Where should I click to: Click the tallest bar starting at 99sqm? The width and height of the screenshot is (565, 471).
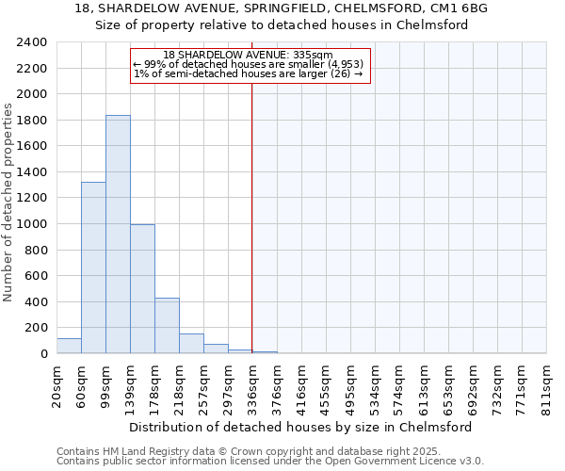118,235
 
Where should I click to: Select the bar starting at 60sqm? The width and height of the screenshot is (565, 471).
93,268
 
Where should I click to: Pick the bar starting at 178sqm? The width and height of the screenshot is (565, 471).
167,326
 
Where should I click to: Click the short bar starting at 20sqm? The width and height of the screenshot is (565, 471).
69,346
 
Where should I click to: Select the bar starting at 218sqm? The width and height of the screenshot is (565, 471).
191,344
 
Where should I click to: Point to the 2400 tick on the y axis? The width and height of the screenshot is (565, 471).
34,43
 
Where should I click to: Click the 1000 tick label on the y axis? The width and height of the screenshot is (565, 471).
34,225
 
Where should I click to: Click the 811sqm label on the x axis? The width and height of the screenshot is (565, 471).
547,384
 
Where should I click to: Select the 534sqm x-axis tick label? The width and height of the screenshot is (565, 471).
376,384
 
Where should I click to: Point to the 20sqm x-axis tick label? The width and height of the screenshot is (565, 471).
57,384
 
